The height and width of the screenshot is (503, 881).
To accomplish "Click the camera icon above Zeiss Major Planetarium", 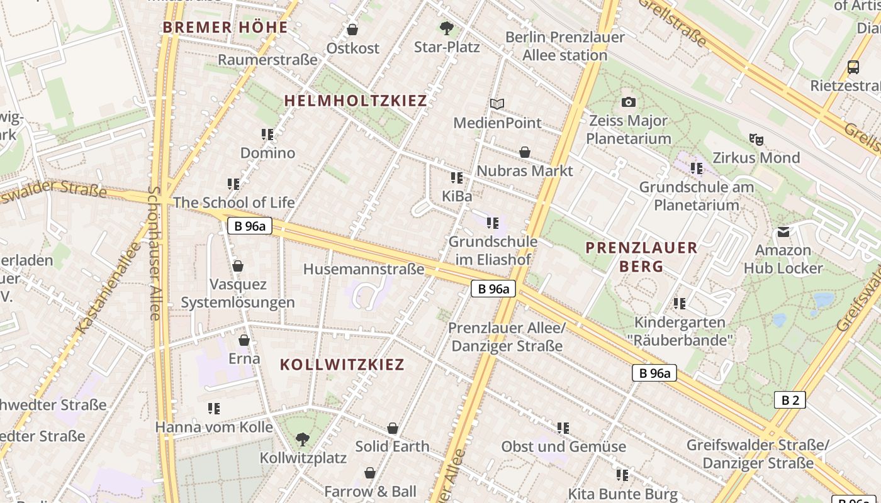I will (628, 102).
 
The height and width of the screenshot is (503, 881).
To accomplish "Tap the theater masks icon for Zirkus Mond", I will (756, 139).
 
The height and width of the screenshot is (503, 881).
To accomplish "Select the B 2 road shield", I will (789, 400).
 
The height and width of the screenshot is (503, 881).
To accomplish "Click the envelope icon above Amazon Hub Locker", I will (783, 232).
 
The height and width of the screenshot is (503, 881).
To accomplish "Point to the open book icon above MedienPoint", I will (497, 104).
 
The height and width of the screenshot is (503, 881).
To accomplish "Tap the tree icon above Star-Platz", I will (447, 28).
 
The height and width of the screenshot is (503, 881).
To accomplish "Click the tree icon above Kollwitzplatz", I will (303, 439).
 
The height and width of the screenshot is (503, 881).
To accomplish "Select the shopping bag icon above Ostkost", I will (352, 30).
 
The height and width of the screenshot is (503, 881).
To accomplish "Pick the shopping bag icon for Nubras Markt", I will (524, 152).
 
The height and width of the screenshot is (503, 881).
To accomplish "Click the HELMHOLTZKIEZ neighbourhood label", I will (356, 101).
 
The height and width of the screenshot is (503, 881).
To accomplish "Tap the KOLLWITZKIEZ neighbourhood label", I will (342, 365).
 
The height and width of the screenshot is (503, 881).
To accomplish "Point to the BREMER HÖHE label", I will (225, 28).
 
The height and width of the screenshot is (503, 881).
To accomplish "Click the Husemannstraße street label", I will (364, 269).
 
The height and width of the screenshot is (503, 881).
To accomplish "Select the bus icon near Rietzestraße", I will (853, 67).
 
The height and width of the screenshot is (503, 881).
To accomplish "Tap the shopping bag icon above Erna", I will (244, 340).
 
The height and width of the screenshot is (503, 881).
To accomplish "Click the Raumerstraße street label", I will (267, 60).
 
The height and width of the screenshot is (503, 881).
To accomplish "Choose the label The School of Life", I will (233, 202).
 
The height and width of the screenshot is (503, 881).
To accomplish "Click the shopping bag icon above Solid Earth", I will (393, 428).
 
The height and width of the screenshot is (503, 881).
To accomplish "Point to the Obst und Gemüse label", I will (563, 446).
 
